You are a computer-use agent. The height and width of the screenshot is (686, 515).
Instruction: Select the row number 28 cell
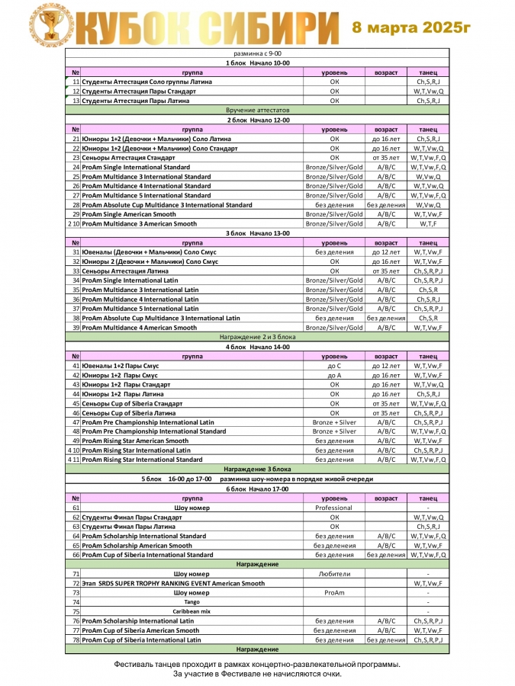point(76,205)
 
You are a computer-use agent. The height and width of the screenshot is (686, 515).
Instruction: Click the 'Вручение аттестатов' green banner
point(256,111)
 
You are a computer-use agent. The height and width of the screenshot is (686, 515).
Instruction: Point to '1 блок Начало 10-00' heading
point(256,63)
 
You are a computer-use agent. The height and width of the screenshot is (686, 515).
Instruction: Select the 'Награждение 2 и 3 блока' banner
point(256,337)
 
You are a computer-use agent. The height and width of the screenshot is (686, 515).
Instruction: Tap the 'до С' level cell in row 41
point(334,366)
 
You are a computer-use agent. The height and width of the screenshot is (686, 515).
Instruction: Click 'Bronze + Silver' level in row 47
point(334,422)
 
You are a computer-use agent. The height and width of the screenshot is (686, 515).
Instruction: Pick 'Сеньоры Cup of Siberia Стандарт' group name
point(132,403)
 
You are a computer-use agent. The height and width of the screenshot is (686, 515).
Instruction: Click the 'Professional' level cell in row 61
point(334,508)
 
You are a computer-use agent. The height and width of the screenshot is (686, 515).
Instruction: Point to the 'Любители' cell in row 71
point(334,574)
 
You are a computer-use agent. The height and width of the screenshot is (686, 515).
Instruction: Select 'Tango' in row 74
point(192,602)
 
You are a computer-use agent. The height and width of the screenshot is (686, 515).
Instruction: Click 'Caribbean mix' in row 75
point(192,611)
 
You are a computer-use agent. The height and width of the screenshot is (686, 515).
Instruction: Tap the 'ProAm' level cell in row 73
point(334,592)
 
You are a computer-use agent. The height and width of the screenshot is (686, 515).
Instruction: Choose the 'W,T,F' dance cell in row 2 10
point(428,224)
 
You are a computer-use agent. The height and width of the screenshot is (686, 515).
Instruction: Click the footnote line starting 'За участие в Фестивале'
point(256,674)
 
